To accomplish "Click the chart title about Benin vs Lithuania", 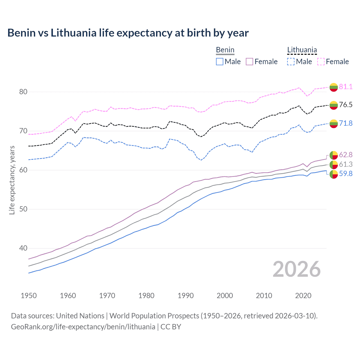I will [128, 33].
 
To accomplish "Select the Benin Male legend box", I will [220, 62].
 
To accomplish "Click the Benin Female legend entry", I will [262, 62].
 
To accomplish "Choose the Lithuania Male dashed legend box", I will [291, 62].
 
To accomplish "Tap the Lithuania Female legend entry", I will [333, 62].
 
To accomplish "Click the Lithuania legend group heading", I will [302, 50].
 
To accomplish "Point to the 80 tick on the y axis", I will [23, 92].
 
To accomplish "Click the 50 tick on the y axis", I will [23, 209].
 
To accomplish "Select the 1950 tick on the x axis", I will [29, 296].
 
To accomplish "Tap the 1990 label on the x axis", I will [186, 296].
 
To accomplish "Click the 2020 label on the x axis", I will [303, 296].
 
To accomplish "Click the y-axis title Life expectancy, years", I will [12, 180].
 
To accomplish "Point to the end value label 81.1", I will [346, 87].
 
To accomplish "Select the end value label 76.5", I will [346, 105].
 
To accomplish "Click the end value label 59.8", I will [346, 174].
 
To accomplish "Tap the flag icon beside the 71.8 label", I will [334, 123].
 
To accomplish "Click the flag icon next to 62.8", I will [334, 155].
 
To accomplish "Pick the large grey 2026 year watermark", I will [296, 269].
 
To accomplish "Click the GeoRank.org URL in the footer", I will [83, 327].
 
